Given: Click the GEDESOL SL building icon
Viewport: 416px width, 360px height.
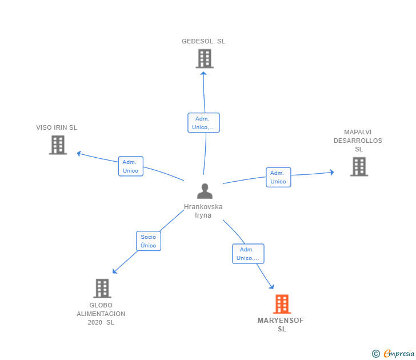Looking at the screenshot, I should [x=204, y=58].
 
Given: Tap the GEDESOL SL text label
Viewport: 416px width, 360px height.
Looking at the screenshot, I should [x=203, y=41].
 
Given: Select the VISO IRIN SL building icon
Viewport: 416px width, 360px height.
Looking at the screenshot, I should [x=58, y=145].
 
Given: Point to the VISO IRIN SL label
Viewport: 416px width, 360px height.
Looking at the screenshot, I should [x=57, y=127].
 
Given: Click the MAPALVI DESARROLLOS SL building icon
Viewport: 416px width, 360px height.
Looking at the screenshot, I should [x=359, y=166].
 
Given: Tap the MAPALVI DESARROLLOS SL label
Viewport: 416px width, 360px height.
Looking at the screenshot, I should [x=358, y=141].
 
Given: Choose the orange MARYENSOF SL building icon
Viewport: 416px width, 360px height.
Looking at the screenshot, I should [x=282, y=304].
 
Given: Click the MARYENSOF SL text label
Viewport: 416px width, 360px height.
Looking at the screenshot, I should [x=281, y=325].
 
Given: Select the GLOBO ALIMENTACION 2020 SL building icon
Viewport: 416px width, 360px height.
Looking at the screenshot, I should [x=102, y=288].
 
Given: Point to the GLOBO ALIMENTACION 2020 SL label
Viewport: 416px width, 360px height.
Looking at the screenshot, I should [x=101, y=314].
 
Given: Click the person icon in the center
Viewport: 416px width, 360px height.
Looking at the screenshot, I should [x=204, y=191].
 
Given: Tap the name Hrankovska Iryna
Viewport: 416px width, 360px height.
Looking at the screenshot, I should [x=203, y=211].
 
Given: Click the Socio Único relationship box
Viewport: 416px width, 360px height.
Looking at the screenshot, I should [x=148, y=241].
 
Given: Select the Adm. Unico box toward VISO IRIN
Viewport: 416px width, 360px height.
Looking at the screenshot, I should [x=130, y=166].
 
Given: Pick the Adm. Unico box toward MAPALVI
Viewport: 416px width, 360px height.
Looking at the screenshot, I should [x=278, y=177].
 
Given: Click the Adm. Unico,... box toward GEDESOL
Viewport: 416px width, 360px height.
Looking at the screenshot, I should [x=203, y=123].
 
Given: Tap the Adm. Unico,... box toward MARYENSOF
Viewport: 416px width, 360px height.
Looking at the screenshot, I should [x=248, y=254].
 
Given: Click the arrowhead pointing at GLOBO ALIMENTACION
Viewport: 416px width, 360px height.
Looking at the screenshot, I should [x=114, y=271].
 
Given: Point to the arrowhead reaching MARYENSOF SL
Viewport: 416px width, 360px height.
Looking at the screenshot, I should [x=271, y=286].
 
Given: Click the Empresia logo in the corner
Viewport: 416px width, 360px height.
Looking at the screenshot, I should [x=394, y=354].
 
